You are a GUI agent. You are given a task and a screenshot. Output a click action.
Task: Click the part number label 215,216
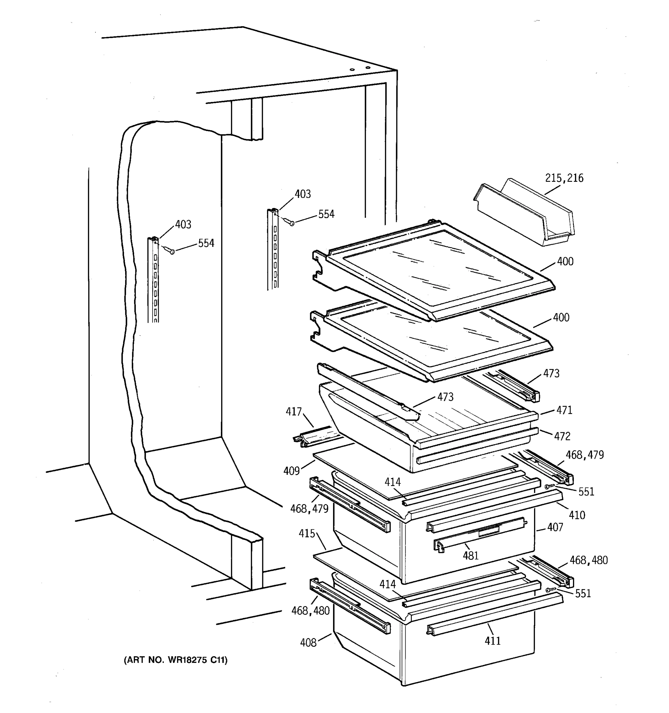tap(564, 178)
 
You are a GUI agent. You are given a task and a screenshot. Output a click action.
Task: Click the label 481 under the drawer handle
tap(470, 556)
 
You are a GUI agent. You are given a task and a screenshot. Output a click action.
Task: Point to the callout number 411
tap(492, 641)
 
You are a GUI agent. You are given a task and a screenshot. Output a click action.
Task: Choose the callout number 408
tap(308, 643)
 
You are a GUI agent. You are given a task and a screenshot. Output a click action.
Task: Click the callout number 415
tap(307, 534)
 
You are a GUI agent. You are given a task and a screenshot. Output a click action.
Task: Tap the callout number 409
tap(291, 471)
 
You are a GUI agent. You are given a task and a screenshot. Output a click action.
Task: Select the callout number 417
tap(293, 412)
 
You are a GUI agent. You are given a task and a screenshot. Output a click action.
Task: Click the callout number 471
tap(564, 410)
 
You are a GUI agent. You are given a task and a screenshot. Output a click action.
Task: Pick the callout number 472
tap(562, 436)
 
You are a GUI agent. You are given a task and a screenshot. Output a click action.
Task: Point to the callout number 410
tap(577, 515)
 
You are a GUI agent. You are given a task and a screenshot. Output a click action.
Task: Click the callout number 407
tap(555, 527)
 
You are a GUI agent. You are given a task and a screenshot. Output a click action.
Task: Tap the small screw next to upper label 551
tap(548, 487)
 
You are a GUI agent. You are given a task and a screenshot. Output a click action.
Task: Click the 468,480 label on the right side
tap(589, 560)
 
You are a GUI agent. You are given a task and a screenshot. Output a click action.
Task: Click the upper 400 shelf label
tap(565, 261)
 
